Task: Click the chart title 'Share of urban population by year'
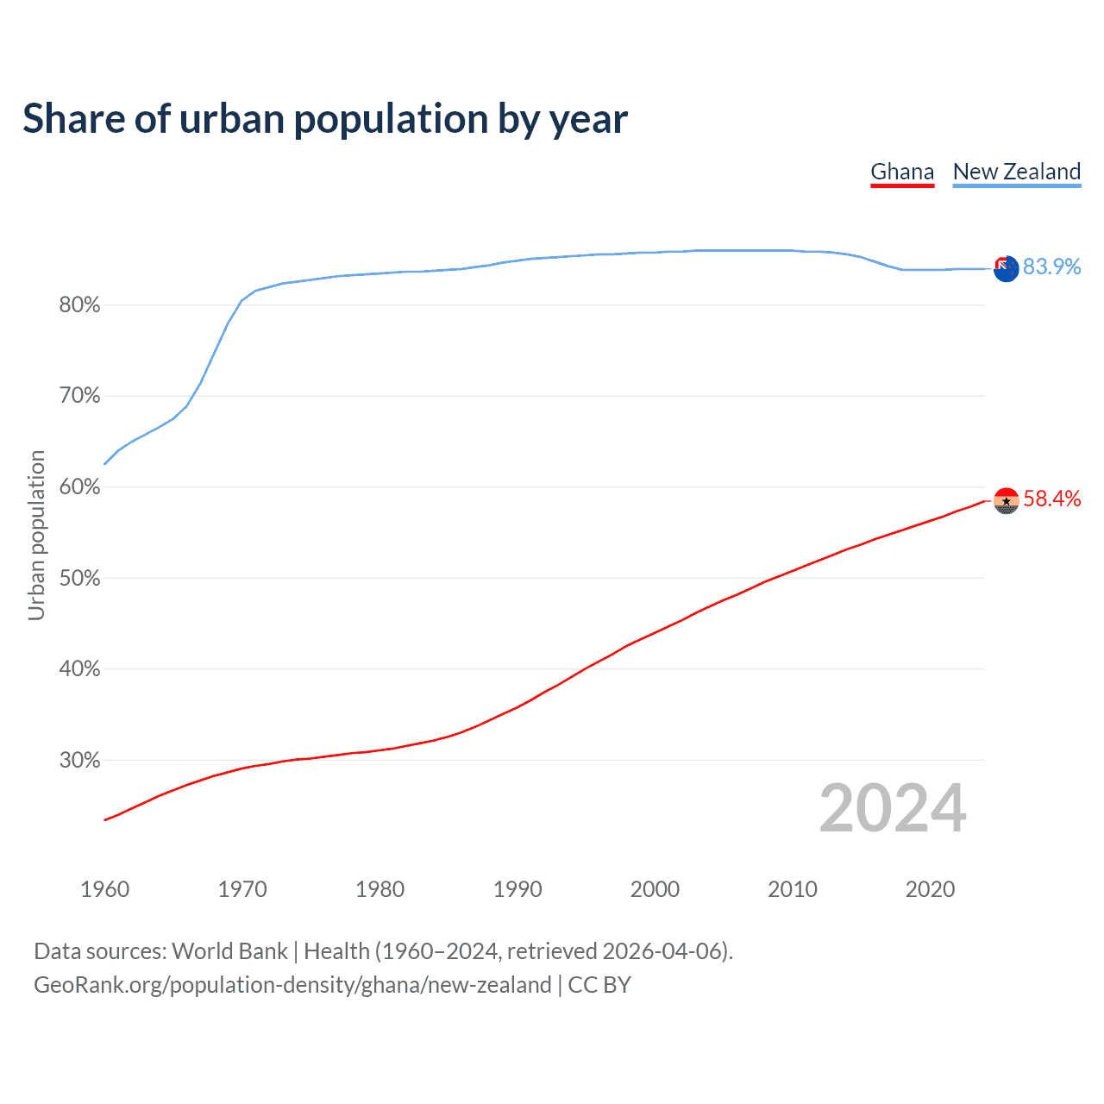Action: coord(325,119)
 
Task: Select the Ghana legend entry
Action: coord(902,172)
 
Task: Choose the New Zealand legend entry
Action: coord(1016,172)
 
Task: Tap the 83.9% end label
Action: coord(1051,267)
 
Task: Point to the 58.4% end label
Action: coord(1051,499)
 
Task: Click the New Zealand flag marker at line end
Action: coord(1006,268)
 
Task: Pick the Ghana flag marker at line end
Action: coord(1006,500)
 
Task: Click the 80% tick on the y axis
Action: coord(79,305)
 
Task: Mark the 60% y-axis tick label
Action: coord(79,487)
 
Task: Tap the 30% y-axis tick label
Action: coord(79,761)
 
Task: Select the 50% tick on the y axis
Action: coord(79,579)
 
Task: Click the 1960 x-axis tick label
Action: coord(104,889)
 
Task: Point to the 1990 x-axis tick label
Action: coord(517,889)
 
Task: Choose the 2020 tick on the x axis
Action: coord(930,889)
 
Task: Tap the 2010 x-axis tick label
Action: coord(793,889)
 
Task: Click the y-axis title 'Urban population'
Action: coord(36,535)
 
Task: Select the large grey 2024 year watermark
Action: coord(893,808)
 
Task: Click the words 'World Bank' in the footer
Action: coord(229,951)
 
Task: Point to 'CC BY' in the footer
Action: coord(599,985)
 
